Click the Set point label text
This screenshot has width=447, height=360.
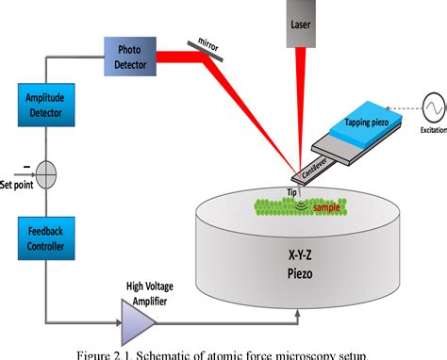[17, 184]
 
